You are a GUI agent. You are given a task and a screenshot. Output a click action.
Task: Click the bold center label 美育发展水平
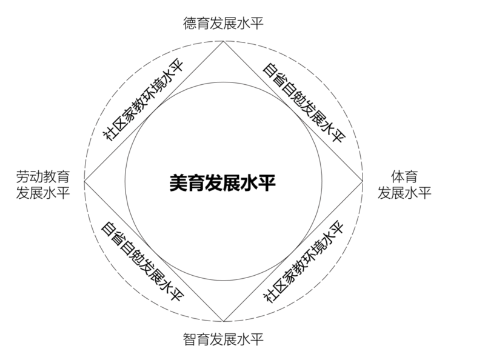coord(222,183)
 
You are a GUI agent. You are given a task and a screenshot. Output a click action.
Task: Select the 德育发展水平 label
coord(223,24)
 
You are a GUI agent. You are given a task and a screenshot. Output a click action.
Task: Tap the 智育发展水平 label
coord(223,339)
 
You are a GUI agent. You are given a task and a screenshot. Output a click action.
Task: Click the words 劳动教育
coord(43,176)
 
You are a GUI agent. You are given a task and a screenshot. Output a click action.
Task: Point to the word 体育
coord(404,176)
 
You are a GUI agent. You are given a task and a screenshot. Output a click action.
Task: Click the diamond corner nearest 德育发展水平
coord(223,41)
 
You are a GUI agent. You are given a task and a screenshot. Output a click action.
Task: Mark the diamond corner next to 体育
coord(363,181)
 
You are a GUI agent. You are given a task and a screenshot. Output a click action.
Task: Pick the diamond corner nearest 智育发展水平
coord(223,322)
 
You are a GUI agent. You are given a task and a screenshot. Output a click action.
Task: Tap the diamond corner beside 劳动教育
coord(84,181)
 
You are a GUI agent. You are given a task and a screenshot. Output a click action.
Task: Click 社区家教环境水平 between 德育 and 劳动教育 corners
coord(144,99)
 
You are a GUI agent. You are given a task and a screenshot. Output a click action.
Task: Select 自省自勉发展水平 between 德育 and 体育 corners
coord(304,103)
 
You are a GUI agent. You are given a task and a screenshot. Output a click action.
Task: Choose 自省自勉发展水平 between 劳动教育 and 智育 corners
coord(142,261)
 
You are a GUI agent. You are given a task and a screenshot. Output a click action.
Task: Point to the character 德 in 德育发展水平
coord(190,24)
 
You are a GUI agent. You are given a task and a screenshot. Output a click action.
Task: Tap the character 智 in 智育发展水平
coord(190,339)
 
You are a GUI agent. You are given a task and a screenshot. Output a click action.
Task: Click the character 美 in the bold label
coord(178,183)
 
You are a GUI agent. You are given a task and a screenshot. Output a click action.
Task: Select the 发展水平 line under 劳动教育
coord(43,193)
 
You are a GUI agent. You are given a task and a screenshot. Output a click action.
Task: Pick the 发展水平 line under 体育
coord(404,193)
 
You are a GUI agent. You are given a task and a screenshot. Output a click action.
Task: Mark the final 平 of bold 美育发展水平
coord(267,183)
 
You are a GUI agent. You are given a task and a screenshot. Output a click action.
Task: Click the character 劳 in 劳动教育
coord(23,176)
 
